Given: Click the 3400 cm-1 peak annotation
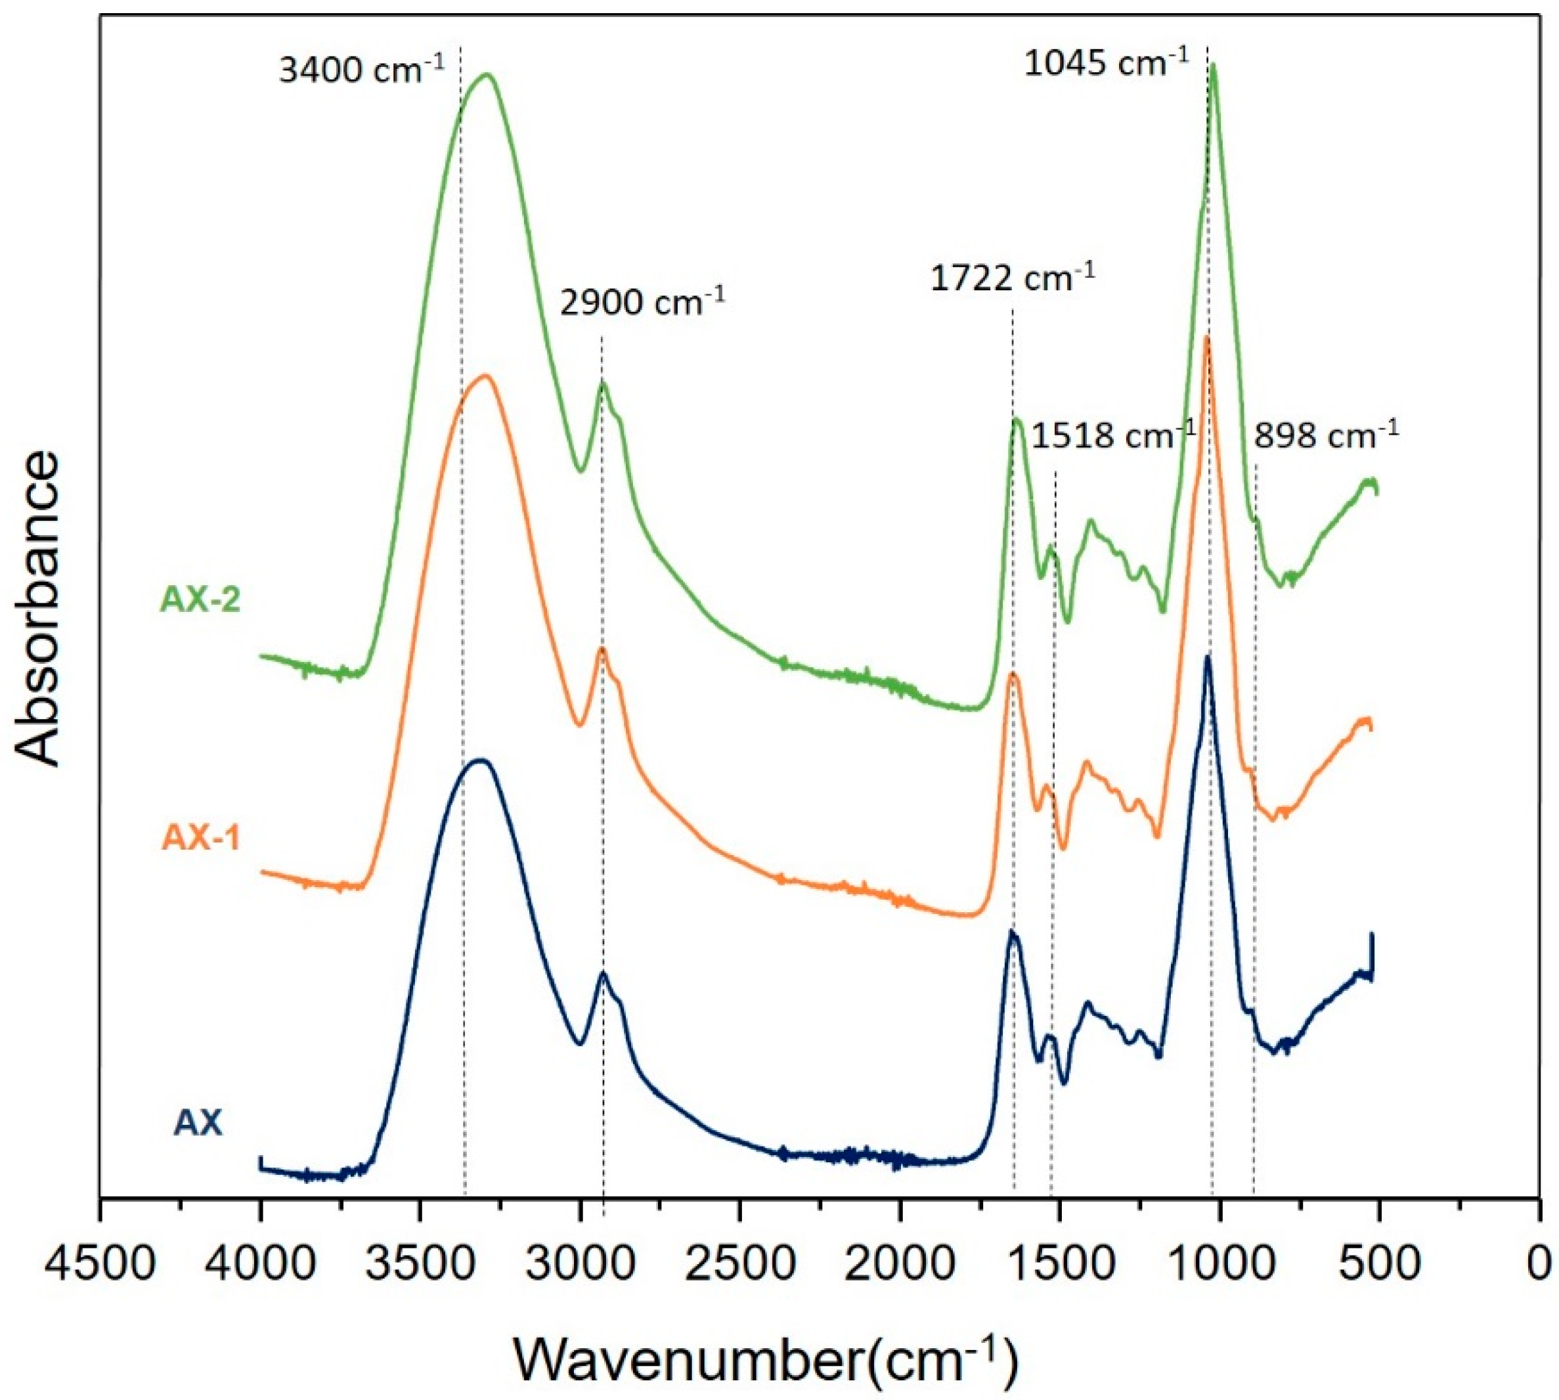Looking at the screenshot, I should (361, 72).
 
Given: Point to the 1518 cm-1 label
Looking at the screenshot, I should (1113, 436).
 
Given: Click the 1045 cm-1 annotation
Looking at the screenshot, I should (1106, 62).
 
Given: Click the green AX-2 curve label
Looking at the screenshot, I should (200, 600).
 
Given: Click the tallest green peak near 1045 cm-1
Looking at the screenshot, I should (1213, 68).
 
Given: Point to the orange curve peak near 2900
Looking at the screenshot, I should (602, 649).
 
